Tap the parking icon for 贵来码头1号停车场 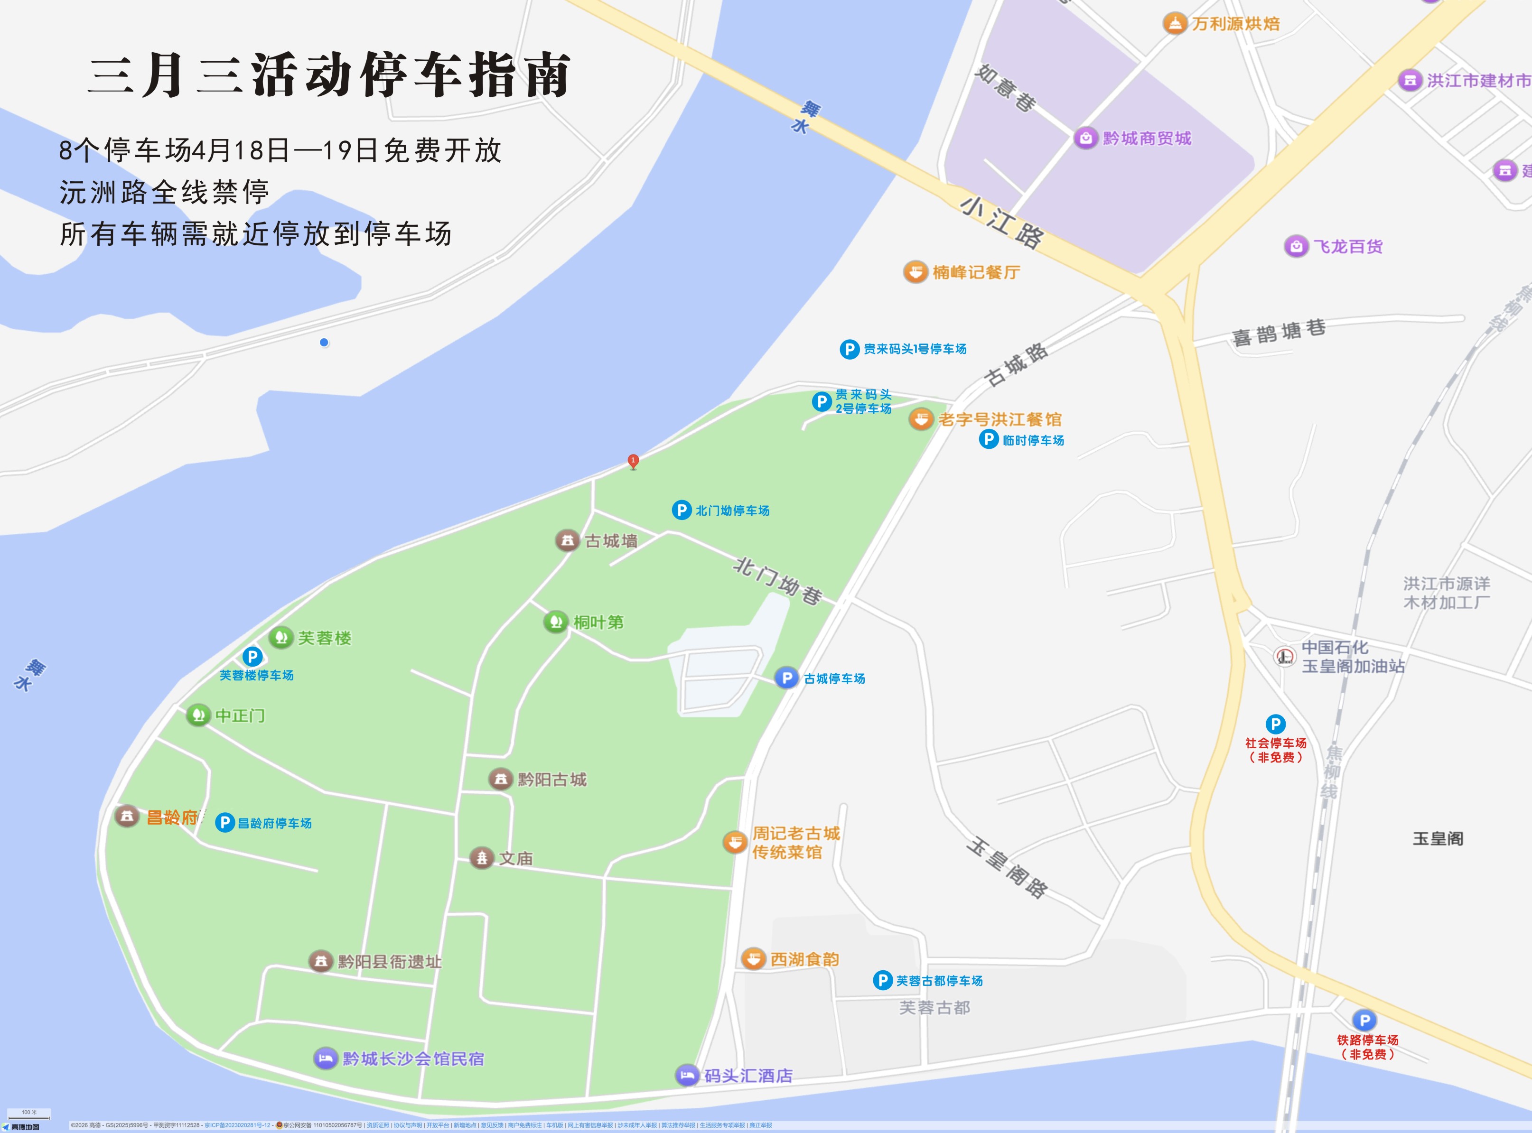[850, 349]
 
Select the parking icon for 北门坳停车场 [681, 510]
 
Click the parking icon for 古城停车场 [786, 678]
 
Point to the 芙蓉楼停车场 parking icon [252, 656]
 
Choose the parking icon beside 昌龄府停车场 [225, 822]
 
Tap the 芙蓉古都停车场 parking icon [882, 980]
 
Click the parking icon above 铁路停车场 [1364, 1020]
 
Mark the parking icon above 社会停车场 [1275, 724]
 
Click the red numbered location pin [633, 461]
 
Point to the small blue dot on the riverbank [324, 342]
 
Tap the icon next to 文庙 [482, 857]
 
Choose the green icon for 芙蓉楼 [280, 637]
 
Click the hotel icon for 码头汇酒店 [687, 1075]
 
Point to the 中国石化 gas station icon [1284, 656]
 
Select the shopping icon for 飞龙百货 [1296, 246]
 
